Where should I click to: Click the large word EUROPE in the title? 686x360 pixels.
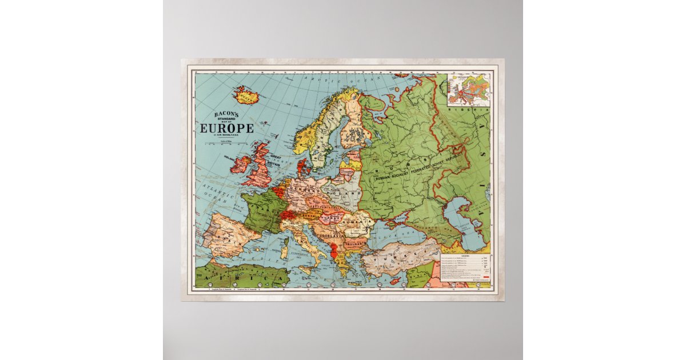point(227,127)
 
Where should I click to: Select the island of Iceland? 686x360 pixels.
point(246,95)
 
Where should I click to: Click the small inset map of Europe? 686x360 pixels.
point(469,90)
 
